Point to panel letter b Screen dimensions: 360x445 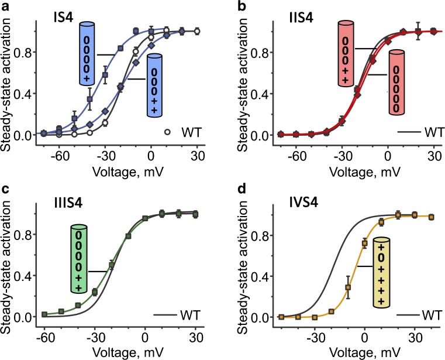point(233,8)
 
